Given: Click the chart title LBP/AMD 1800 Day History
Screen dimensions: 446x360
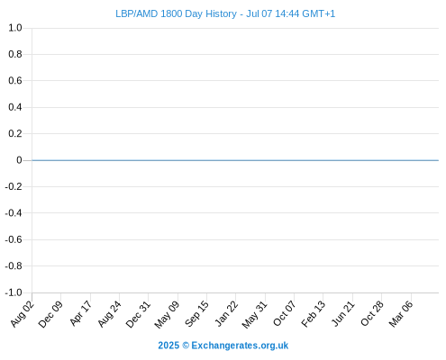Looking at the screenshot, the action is pos(176,13).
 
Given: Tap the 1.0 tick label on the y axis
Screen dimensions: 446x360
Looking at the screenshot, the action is pos(15,28).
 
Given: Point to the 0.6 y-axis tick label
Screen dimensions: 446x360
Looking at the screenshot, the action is pos(15,80).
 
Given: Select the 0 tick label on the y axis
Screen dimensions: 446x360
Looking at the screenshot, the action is pos(19,160).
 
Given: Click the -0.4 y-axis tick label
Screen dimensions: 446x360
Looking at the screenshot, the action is pos(14,213).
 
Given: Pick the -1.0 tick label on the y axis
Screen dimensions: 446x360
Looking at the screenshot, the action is pos(14,292).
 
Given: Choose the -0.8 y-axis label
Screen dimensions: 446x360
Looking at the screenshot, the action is pos(14,265).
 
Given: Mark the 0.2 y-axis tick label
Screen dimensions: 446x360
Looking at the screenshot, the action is pos(15,133).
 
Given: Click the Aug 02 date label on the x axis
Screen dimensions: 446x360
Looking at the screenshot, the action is pos(23,314).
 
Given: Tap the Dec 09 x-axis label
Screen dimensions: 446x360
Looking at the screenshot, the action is pos(50,314).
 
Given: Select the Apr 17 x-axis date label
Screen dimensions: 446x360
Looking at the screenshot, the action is pos(80,313).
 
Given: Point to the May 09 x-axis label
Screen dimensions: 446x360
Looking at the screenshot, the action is pos(167,315).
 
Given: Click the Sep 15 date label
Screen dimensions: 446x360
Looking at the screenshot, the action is pos(196,314).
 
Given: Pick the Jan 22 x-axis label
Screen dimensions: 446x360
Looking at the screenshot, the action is pos(226,313).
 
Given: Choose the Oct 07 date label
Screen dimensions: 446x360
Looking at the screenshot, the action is pos(285,313).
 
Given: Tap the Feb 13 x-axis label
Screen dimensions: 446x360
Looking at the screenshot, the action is pos(314,314).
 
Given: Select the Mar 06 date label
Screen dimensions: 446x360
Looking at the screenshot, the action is pos(401,314).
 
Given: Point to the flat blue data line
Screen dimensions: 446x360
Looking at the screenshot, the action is pos(235,160).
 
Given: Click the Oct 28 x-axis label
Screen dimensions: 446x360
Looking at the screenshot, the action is pos(372,313).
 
